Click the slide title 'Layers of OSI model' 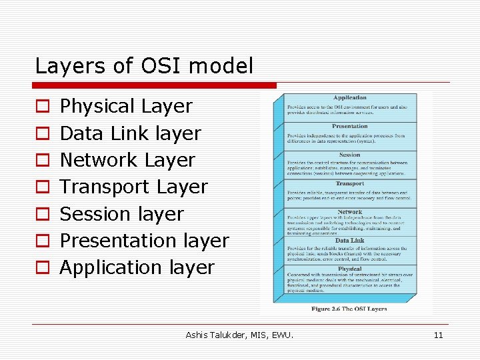click(x=144, y=66)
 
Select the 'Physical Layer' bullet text click(x=126, y=106)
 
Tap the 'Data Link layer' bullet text click(x=130, y=133)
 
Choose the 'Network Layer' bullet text click(x=127, y=160)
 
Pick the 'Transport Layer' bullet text click(x=134, y=187)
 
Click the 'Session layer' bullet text click(x=121, y=214)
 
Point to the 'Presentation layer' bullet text click(x=144, y=241)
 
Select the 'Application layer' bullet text click(x=137, y=267)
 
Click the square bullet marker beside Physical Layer click(x=42, y=107)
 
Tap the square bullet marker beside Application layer click(x=42, y=268)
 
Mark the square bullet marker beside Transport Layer click(x=42, y=187)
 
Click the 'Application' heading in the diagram click(x=350, y=98)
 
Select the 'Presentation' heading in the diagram click(x=350, y=126)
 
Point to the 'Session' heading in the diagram click(x=350, y=155)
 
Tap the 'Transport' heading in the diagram click(x=350, y=183)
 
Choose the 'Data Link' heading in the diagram click(x=350, y=240)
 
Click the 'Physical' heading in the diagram click(x=350, y=269)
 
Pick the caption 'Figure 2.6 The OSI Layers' click(x=349, y=309)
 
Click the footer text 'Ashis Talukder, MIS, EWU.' click(x=239, y=335)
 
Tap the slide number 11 click(x=438, y=335)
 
